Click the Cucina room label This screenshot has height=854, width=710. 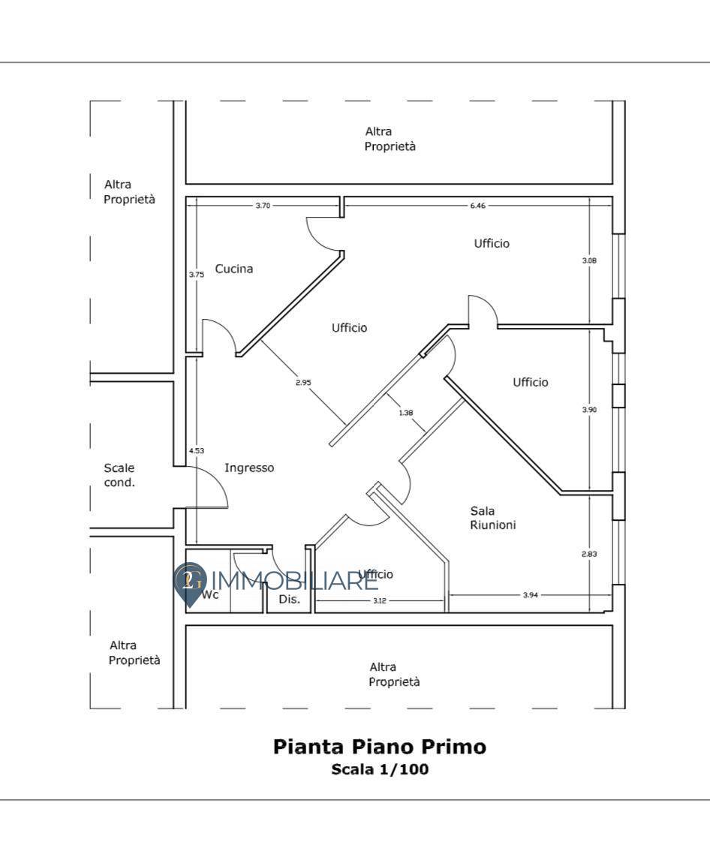(233, 269)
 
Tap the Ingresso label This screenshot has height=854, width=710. (249, 468)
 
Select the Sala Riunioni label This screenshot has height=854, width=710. (492, 518)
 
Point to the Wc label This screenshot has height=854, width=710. (210, 595)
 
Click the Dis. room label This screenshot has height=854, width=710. (290, 599)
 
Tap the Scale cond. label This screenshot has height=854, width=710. (119, 475)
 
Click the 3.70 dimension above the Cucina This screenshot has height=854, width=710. (263, 206)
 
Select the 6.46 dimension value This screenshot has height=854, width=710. (477, 206)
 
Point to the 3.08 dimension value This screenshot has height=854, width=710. (589, 260)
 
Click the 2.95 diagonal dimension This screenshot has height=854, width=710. (303, 382)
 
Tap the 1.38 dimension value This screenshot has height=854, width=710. (405, 413)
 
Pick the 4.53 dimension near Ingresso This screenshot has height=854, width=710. (196, 450)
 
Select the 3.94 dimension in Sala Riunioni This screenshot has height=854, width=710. (530, 595)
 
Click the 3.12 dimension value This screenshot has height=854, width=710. (379, 600)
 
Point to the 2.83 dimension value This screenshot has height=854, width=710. (589, 554)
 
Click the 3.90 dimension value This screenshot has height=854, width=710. (589, 410)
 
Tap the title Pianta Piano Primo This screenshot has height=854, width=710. (379, 747)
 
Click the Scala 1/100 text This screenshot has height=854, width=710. (380, 769)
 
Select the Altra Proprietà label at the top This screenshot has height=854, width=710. (390, 139)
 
